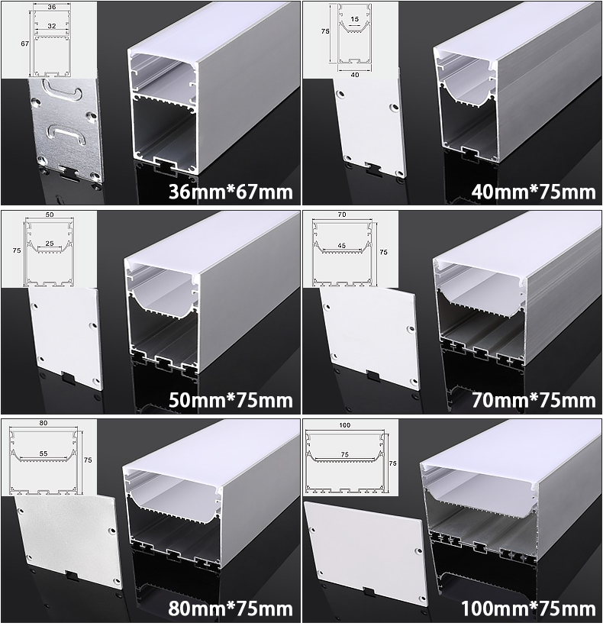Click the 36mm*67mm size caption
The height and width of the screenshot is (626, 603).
(x=231, y=192)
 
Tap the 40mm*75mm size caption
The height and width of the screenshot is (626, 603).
(x=534, y=192)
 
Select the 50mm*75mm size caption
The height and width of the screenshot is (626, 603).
(x=231, y=401)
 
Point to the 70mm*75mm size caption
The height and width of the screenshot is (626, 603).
(x=534, y=401)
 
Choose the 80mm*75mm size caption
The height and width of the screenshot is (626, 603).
(x=231, y=609)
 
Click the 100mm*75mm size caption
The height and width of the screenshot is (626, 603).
(x=528, y=609)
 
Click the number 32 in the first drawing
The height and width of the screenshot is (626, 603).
(x=51, y=26)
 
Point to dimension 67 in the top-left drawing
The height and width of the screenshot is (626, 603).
(x=24, y=44)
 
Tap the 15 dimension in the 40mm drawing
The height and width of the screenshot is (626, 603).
(x=354, y=19)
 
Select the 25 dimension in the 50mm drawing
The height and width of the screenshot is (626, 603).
(x=50, y=243)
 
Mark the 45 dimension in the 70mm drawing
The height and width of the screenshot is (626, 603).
(x=342, y=246)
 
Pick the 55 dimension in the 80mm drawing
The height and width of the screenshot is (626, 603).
(x=44, y=453)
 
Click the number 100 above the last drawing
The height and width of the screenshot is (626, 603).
(x=345, y=425)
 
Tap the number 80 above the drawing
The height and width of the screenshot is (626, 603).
(x=44, y=423)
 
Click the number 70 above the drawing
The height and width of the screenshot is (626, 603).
(x=342, y=215)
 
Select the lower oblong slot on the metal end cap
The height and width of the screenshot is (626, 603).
(x=67, y=135)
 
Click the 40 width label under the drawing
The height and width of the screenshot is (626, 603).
(x=354, y=75)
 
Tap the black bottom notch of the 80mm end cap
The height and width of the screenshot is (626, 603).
(x=72, y=576)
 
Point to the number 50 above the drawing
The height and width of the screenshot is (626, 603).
(x=50, y=215)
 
